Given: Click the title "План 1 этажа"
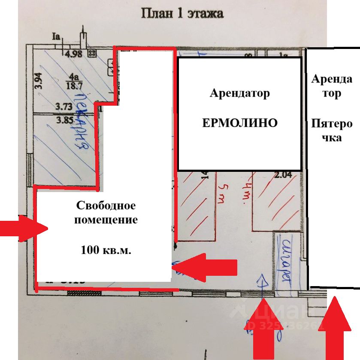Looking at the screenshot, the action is click(x=182, y=13).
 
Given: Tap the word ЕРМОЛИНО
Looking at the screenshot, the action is click(x=239, y=123).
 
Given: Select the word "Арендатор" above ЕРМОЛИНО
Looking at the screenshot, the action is click(x=239, y=93).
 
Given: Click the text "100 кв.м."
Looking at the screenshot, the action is click(x=106, y=250).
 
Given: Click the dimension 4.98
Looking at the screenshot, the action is click(x=73, y=54).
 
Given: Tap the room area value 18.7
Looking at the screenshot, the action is click(x=74, y=85).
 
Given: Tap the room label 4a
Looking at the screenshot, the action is click(x=75, y=77).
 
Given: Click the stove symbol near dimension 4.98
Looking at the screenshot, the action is click(x=91, y=53).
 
